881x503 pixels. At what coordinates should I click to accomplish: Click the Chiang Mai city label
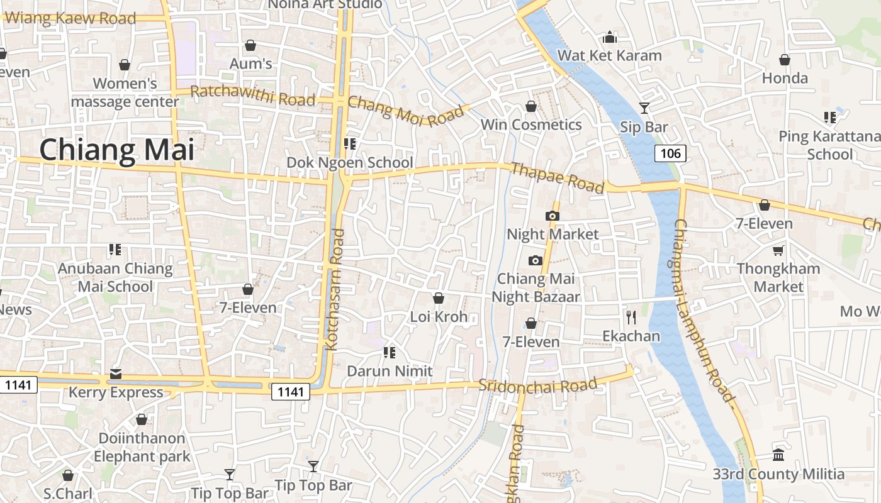pos(116,150)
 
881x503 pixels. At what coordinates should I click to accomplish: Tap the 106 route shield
pos(670,153)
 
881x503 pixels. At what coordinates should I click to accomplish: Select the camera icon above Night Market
pos(553,216)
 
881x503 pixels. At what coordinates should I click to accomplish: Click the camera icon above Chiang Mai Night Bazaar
pos(535,260)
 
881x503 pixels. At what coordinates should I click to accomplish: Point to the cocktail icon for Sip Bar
pos(644,108)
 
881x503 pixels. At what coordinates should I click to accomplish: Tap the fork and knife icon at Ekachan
pos(631,317)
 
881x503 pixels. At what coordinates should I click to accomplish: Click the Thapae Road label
pos(558,177)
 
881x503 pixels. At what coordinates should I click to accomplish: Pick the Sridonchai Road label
pos(537,385)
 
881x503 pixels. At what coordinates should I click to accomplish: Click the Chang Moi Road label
pos(408,111)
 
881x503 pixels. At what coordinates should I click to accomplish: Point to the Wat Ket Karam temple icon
pos(609,38)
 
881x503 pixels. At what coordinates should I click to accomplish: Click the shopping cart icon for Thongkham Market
pos(778,250)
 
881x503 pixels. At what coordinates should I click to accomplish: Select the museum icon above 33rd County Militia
pos(778,455)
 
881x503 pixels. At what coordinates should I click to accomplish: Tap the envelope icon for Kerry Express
pos(116,375)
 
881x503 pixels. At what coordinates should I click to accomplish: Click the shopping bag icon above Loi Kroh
pos(439,298)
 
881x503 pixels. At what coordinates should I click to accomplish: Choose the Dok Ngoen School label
pos(350,163)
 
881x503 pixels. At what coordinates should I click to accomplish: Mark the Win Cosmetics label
pos(531,124)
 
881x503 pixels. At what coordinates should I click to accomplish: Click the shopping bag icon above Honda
pos(785,60)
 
